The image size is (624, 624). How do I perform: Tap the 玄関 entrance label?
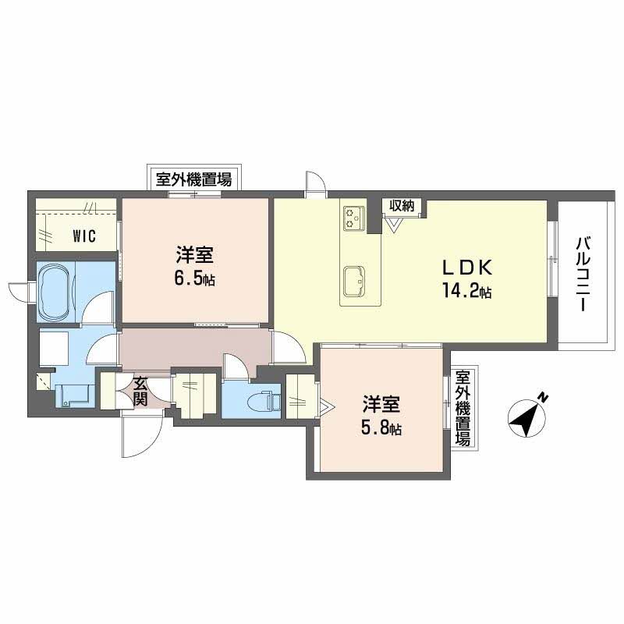click(140, 391)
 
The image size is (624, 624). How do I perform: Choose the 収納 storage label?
click(402, 206)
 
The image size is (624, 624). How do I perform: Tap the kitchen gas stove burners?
click(353, 217)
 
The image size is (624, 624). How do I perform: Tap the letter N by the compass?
click(543, 399)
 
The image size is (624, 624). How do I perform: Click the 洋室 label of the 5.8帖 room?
click(381, 406)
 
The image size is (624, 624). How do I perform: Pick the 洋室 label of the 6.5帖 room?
click(193, 255)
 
